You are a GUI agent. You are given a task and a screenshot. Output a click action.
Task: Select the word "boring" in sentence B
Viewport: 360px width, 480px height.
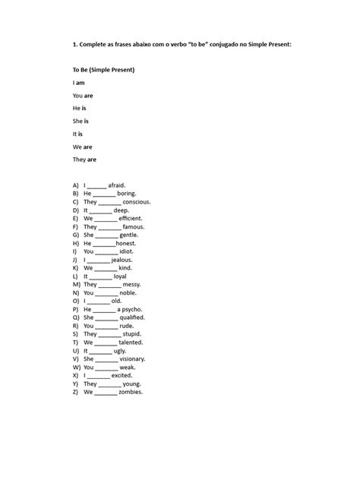click(x=126, y=193)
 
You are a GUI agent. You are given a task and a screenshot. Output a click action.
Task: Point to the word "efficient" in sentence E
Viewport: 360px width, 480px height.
click(x=131, y=218)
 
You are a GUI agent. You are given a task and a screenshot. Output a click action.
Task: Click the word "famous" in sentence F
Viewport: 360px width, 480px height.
click(x=133, y=226)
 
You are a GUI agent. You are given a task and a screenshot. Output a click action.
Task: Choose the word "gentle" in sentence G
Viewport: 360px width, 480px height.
click(x=130, y=235)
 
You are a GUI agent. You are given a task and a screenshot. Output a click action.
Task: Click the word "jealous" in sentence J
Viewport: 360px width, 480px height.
click(x=122, y=259)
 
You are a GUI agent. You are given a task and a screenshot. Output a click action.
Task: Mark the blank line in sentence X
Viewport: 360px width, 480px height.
click(x=99, y=376)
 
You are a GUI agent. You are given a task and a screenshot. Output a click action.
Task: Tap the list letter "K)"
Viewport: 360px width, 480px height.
click(x=76, y=267)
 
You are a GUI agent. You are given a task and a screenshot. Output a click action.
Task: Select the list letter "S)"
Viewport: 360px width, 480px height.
click(x=75, y=333)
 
